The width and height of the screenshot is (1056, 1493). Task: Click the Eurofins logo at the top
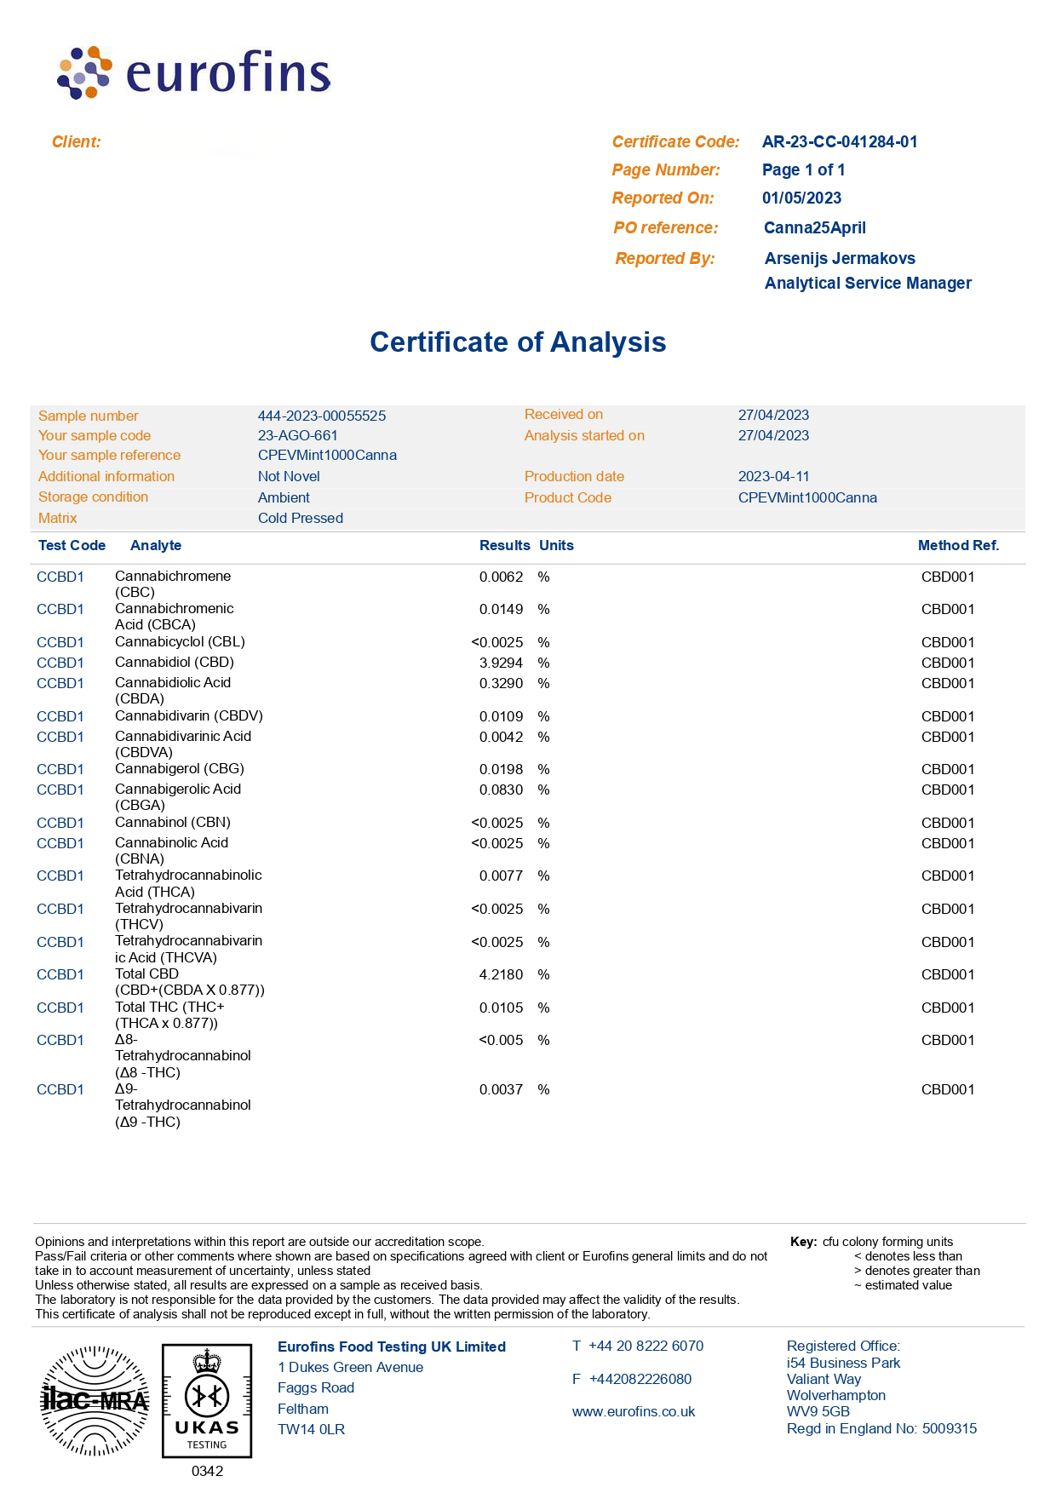[193, 72]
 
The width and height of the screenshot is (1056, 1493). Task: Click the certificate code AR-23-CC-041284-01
[839, 142]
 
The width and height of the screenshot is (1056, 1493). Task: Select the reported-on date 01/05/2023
[801, 198]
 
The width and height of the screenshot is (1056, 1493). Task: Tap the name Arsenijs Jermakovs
[840, 259]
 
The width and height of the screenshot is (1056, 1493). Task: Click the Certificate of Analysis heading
[518, 342]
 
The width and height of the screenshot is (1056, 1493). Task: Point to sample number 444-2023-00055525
[321, 416]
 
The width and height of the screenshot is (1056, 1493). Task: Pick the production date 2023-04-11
[773, 477]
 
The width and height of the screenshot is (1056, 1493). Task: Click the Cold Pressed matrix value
[300, 519]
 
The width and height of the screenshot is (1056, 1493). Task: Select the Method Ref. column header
[958, 546]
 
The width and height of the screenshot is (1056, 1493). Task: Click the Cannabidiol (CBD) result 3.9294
[501, 663]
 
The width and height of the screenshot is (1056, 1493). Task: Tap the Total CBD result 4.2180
[501, 974]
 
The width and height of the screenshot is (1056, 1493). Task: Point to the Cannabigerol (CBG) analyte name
[179, 769]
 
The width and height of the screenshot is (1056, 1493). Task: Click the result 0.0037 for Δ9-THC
[501, 1090]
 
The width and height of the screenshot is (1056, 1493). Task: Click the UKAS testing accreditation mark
[207, 1401]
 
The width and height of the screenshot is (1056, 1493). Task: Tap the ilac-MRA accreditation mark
[95, 1400]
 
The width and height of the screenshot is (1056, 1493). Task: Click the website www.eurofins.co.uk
[633, 1412]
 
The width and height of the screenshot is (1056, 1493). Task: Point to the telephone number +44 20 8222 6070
[646, 1347]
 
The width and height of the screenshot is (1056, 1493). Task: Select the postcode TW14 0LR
[311, 1430]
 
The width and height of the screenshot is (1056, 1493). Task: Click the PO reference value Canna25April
[814, 228]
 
